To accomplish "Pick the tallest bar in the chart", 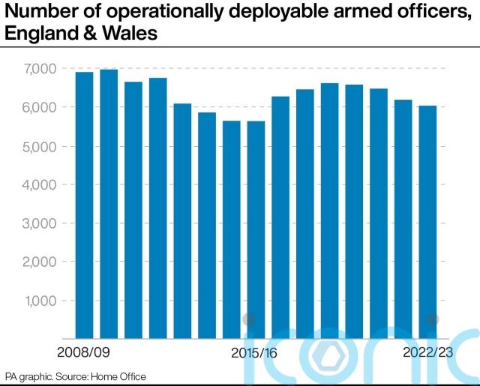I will point(109,203).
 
